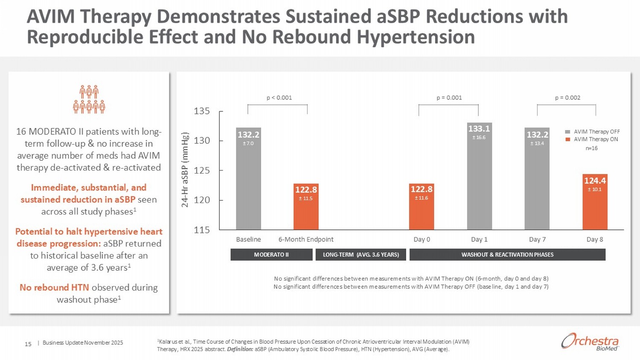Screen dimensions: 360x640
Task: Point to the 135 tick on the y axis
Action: (x=202, y=111)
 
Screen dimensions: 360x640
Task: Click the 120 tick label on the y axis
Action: (x=202, y=200)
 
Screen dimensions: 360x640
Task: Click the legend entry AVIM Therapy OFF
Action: (x=596, y=132)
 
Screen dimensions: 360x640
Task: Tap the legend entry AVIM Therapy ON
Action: (x=596, y=139)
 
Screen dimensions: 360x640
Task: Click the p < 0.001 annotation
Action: (x=279, y=98)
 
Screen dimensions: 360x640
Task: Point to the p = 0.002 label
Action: (x=567, y=98)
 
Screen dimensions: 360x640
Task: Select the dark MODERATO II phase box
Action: (x=271, y=255)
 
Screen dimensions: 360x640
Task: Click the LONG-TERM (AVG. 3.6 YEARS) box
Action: (x=361, y=255)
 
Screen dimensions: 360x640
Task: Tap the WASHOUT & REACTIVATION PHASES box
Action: (x=507, y=255)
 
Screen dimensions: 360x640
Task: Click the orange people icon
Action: (x=89, y=99)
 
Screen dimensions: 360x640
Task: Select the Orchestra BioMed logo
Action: (x=590, y=342)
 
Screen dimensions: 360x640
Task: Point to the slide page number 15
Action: (x=28, y=344)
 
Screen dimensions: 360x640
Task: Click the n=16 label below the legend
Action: (x=591, y=148)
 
